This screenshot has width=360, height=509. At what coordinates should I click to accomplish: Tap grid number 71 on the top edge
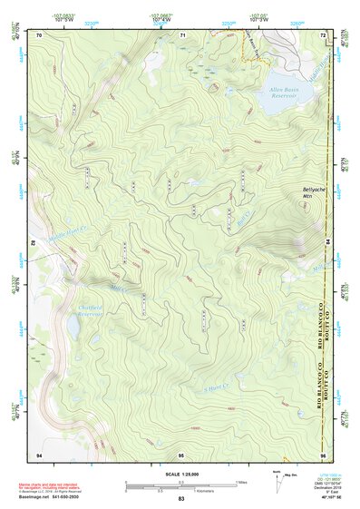click(182, 34)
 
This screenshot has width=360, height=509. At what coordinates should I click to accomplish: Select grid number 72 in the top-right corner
click(323, 34)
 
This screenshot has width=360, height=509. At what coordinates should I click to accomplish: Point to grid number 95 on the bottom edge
click(181, 454)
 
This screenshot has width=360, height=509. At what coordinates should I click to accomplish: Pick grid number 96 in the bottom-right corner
click(323, 454)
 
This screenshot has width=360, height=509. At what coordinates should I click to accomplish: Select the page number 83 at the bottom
click(180, 500)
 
